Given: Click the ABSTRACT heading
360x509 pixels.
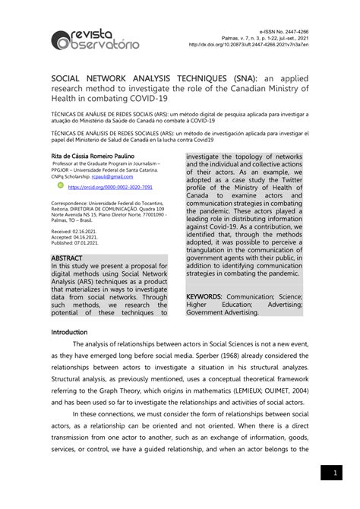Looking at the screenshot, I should (71, 259).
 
